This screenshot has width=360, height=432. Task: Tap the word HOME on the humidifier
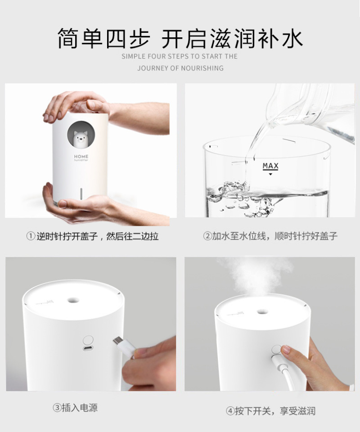click(x=81, y=156)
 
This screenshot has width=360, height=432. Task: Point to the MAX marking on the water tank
click(x=270, y=166)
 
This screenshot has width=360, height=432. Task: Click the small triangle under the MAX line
click(x=270, y=174)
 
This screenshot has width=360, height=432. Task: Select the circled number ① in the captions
click(x=31, y=236)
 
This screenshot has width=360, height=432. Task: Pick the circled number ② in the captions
click(x=207, y=236)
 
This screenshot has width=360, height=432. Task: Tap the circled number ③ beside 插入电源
click(x=57, y=408)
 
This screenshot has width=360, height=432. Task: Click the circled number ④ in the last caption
click(x=230, y=411)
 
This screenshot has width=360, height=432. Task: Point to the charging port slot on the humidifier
click(x=88, y=348)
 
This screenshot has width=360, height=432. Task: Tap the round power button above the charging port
click(x=88, y=340)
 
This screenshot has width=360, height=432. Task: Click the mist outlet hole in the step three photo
click(x=73, y=300)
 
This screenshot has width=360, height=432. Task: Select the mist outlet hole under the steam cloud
click(x=262, y=312)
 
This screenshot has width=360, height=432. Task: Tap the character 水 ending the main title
click(x=292, y=38)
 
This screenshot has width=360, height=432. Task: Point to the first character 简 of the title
click(x=68, y=38)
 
